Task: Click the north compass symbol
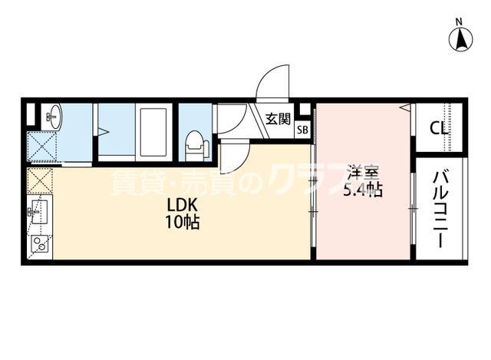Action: pyautogui.click(x=460, y=39)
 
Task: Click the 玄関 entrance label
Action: pyautogui.click(x=278, y=119)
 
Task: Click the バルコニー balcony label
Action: pyautogui.click(x=439, y=209)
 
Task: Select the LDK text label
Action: pyautogui.click(x=185, y=206)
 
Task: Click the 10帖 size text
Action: pyautogui.click(x=185, y=223)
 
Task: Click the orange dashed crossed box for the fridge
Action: pyautogui.click(x=38, y=182)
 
